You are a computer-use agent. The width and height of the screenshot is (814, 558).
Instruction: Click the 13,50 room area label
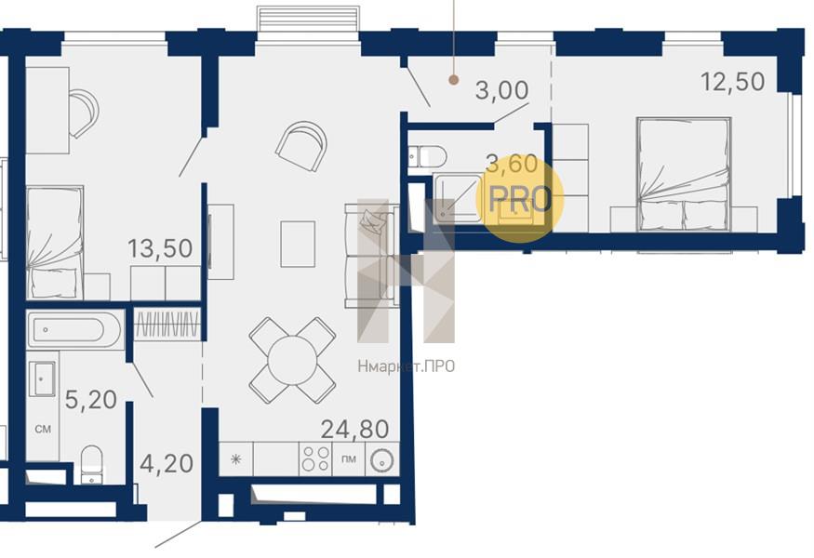tap(160, 248)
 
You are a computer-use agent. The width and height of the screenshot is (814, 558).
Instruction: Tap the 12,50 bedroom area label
tap(732, 82)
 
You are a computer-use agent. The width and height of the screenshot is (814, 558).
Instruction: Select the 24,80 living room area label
tap(354, 430)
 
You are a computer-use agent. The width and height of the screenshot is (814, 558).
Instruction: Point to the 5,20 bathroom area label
tap(91, 400)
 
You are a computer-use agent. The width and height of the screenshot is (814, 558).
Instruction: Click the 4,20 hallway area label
tap(167, 463)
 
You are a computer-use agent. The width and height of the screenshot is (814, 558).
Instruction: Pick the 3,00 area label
tap(502, 90)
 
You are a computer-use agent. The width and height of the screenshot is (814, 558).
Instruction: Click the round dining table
tap(293, 360)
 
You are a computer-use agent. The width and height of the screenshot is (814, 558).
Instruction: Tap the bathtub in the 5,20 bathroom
tap(74, 329)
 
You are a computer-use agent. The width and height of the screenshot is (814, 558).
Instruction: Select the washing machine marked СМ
tap(43, 429)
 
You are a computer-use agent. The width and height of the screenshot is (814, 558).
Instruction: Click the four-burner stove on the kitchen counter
tap(315, 458)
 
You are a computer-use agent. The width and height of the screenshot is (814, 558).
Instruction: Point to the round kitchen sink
tap(382, 460)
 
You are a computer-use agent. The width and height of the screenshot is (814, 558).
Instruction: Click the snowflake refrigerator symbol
tap(236, 458)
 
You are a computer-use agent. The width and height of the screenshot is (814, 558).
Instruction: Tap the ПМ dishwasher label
tap(349, 458)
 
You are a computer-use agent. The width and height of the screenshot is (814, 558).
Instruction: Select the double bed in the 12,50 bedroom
tap(684, 174)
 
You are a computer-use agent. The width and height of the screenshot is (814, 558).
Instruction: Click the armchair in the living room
tap(301, 146)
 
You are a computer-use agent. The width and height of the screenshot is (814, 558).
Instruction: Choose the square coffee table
tap(298, 244)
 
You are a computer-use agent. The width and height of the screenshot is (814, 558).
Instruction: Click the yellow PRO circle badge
tap(520, 199)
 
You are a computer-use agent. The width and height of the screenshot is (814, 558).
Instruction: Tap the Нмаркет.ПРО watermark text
tap(406, 366)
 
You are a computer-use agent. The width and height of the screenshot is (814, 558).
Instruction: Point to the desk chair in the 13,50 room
tap(83, 113)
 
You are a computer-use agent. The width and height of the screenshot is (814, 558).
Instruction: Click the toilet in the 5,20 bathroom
tap(93, 464)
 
